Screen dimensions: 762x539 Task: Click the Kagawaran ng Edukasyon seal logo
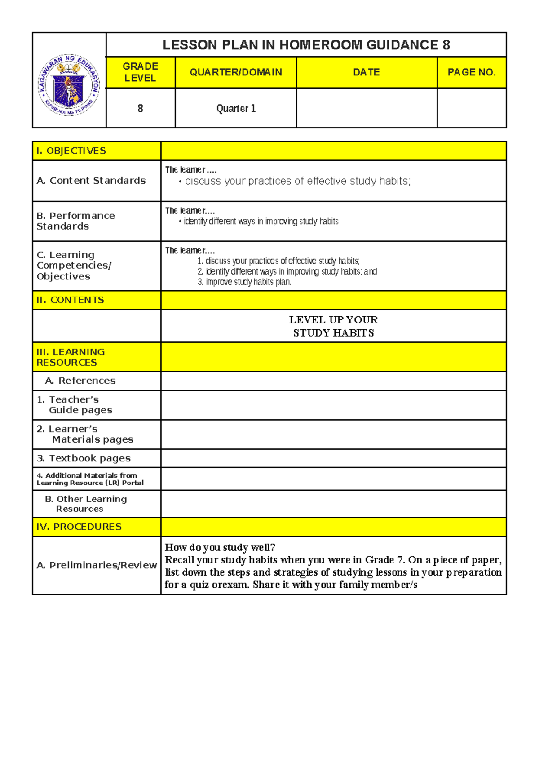69,85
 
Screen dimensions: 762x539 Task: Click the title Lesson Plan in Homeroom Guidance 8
306,45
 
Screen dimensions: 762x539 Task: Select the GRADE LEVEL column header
140,72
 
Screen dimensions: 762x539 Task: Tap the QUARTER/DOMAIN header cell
236,72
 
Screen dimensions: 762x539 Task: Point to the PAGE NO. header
471,72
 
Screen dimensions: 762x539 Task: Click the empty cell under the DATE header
367,108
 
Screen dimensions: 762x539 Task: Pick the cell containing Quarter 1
236,109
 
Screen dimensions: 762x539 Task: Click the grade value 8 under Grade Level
140,109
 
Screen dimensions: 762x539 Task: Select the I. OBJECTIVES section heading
71,151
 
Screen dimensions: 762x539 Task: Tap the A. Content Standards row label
91,181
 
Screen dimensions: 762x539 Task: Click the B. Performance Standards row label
75,221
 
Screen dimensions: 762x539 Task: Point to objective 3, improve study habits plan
245,282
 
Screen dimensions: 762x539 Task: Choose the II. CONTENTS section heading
70,300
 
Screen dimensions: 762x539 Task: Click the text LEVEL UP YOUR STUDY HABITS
333,326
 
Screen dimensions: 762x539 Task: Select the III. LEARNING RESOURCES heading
71,357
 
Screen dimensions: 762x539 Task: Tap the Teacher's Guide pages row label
75,405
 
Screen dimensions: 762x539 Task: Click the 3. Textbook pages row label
84,458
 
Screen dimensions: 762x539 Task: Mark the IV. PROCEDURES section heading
79,527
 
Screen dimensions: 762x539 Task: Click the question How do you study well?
220,547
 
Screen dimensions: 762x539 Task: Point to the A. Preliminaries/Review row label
97,565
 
